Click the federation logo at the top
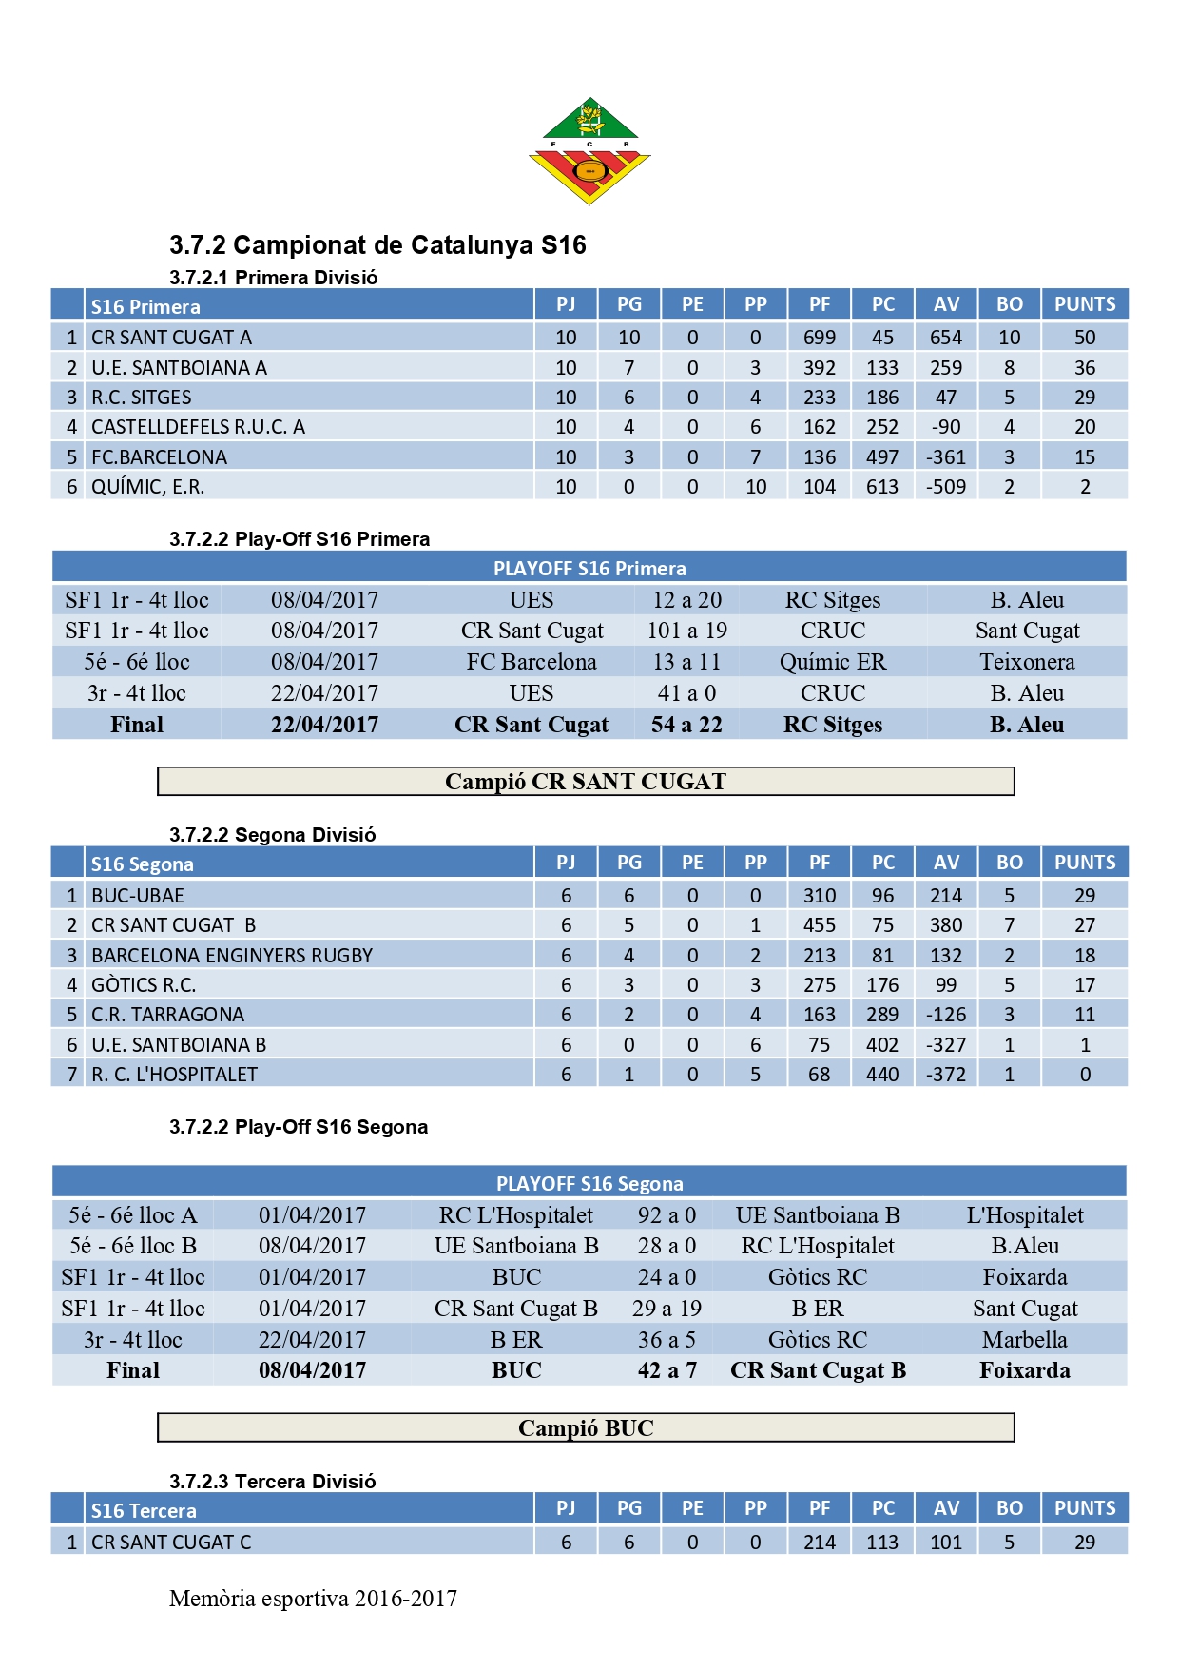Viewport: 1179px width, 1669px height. pos(589,150)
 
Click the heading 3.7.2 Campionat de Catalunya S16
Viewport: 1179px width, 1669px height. pos(377,245)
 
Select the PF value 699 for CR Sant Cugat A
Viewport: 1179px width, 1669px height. pos(819,338)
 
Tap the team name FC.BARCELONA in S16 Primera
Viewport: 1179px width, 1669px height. pos(159,457)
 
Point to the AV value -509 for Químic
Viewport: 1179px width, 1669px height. pos(946,487)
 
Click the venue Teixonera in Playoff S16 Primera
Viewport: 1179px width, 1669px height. pos(1027,662)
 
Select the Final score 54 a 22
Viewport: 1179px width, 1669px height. pos(686,725)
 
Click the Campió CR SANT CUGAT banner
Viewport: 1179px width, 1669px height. pos(586,782)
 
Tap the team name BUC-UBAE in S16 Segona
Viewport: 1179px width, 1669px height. pos(138,896)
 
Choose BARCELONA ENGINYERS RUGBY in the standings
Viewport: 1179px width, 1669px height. pos(232,956)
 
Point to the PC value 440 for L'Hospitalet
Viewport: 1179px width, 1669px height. pos(882,1075)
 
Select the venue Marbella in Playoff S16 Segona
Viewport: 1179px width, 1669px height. pos(1025,1340)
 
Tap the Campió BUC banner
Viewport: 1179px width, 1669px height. pos(586,1428)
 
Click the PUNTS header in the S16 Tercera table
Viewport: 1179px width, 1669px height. pos(1085,1508)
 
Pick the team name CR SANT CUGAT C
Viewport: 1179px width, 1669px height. pos(171,1543)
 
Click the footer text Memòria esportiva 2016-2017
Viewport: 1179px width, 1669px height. pos(313,1599)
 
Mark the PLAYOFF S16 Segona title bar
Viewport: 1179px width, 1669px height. pos(589,1184)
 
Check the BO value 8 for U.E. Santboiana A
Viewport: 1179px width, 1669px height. pos(1009,368)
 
